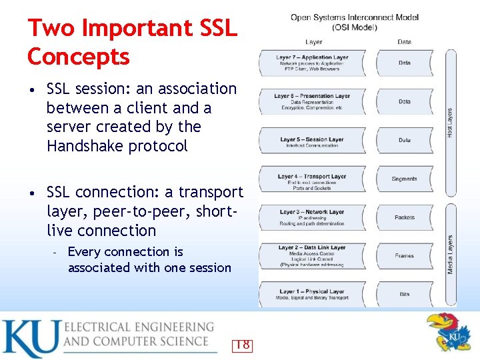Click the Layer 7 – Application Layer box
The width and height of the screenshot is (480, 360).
coord(312,63)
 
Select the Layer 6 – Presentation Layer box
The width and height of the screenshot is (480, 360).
coord(312,101)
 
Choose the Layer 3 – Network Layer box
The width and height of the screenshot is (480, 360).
coord(312,217)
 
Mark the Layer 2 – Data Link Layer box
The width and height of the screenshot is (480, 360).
coord(312,255)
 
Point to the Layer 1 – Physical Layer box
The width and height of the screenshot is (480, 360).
coord(312,294)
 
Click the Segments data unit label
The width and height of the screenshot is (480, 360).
coord(405,179)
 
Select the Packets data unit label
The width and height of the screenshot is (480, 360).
coord(405,217)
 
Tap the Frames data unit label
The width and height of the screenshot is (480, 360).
coord(405,255)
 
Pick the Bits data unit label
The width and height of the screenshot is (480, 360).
coord(405,294)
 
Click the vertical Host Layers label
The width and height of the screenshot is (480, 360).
coord(449,123)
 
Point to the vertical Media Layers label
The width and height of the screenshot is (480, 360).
coord(451,254)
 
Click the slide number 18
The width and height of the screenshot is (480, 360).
coord(243,345)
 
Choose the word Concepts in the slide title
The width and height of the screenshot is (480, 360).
coord(79,57)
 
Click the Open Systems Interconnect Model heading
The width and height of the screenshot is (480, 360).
coord(355,17)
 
